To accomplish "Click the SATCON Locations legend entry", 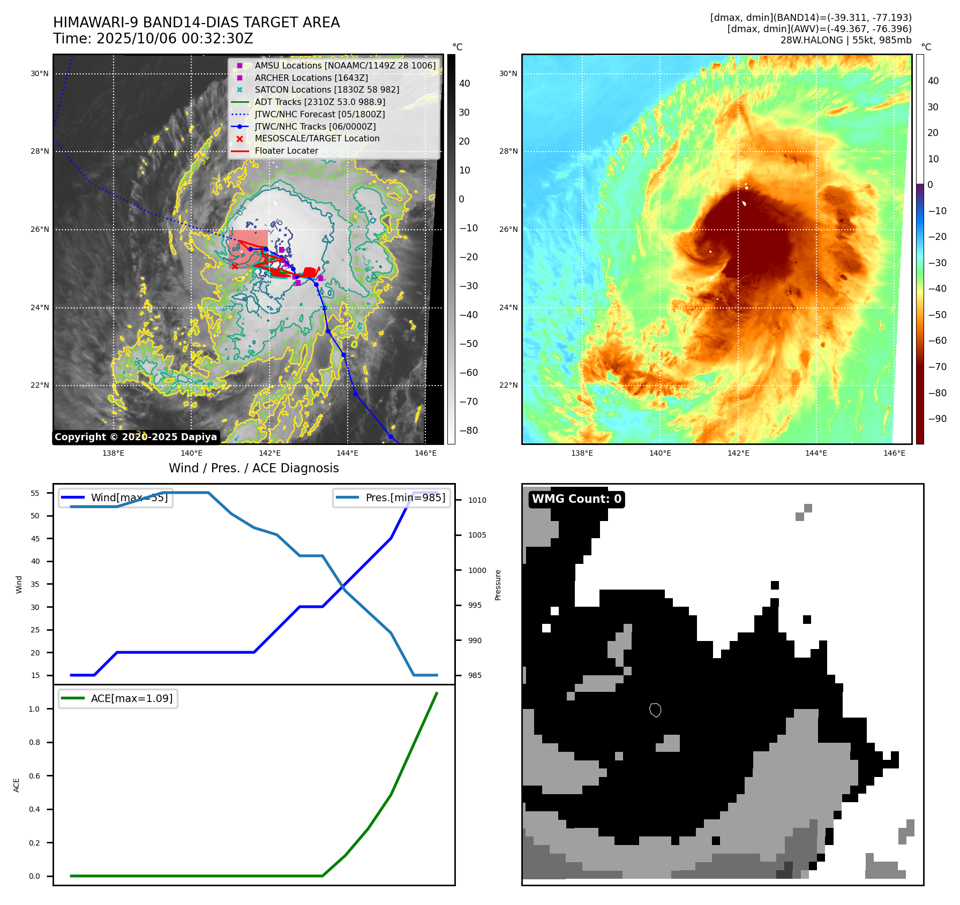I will (x=327, y=90).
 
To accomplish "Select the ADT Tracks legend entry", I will (x=320, y=102).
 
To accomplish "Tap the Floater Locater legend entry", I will (x=286, y=151).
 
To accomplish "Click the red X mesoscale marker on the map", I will (x=234, y=266).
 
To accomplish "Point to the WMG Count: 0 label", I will (x=576, y=499).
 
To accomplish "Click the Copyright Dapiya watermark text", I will (x=136, y=437).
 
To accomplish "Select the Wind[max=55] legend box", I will (x=116, y=498).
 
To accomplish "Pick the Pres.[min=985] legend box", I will (x=392, y=498).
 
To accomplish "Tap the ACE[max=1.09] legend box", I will (x=118, y=699).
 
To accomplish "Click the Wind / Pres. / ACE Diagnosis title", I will (x=253, y=468).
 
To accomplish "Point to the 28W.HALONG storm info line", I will (x=845, y=40).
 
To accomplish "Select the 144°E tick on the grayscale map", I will (x=347, y=454).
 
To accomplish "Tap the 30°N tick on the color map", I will (x=508, y=74).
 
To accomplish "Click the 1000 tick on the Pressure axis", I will (x=477, y=570).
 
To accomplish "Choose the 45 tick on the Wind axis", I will (x=35, y=539).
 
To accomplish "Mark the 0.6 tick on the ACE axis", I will (x=34, y=776).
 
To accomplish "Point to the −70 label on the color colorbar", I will (x=937, y=367).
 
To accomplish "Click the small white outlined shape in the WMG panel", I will (x=655, y=710).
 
